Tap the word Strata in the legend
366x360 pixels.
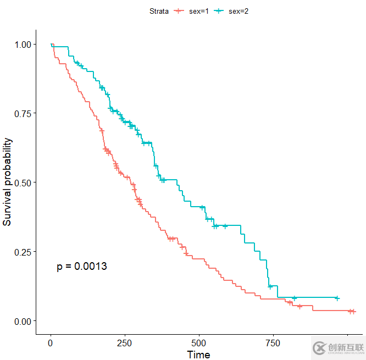(x=159, y=11)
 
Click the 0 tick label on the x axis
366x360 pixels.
(x=51, y=344)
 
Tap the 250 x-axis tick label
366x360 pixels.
(x=125, y=344)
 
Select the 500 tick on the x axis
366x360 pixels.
(x=199, y=344)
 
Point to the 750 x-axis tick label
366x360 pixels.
(x=273, y=344)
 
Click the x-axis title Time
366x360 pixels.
(x=198, y=355)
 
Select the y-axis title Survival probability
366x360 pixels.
(x=8, y=182)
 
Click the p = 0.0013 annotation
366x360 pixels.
(x=82, y=267)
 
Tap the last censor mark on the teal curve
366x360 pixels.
(x=337, y=298)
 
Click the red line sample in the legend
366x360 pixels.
(x=179, y=11)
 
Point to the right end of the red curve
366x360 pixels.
(x=354, y=312)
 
